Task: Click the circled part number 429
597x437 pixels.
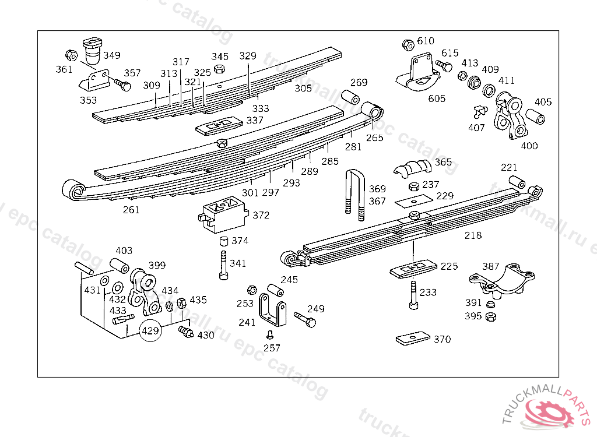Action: pos(150,331)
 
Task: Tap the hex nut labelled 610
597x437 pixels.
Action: pos(408,44)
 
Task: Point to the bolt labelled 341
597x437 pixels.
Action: pos(223,265)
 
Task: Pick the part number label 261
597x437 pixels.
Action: pos(131,210)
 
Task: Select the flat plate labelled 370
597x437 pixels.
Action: pos(412,339)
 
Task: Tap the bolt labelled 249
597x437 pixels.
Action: pos(304,319)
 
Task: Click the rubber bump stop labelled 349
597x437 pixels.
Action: pos(91,51)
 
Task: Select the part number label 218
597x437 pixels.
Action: pos(473,235)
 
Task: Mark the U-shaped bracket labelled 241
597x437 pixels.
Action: pos(273,312)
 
